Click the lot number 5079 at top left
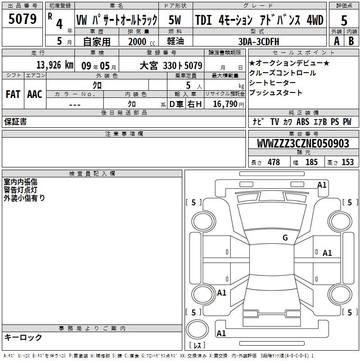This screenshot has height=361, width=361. coord(22,19)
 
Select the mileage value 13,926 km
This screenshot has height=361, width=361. coord(55,65)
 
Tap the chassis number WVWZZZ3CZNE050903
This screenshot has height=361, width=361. coord(303,143)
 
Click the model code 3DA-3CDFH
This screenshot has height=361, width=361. coord(259,42)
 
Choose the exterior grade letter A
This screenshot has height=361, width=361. coord(337,41)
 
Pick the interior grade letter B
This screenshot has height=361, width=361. coord(351,41)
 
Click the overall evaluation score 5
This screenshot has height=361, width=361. coord(344,20)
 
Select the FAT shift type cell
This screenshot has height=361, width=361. coord(13,94)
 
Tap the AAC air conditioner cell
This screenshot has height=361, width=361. coord(35,94)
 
